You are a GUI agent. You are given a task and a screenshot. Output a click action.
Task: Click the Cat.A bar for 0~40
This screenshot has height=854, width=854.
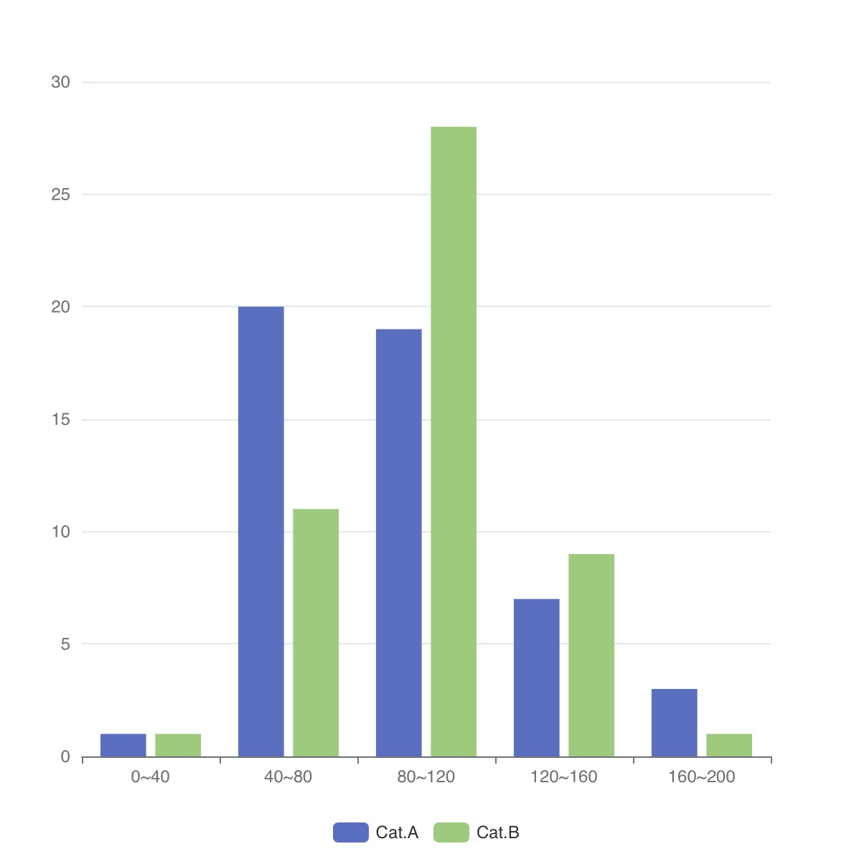pos(123,745)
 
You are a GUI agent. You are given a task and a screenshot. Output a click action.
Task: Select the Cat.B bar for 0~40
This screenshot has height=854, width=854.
pos(178,745)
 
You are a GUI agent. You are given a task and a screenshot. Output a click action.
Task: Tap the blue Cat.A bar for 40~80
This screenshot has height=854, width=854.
pos(261,531)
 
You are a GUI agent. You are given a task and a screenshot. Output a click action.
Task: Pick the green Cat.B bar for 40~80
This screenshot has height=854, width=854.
pos(316,632)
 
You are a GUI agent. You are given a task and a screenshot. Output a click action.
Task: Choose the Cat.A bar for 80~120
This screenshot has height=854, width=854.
pos(399,543)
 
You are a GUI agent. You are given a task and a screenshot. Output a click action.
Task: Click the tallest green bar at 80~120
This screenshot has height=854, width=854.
pos(454,441)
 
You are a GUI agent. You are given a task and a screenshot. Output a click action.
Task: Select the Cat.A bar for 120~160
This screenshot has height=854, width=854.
pos(537,677)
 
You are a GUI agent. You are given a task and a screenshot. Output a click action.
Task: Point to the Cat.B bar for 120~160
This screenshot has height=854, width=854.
pos(591,655)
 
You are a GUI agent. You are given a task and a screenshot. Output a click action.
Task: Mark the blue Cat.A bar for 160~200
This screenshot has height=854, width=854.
pos(675,722)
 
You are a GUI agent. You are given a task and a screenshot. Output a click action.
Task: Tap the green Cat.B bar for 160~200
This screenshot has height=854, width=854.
pos(729,745)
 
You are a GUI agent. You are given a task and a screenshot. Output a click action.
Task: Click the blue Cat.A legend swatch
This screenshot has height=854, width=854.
pos(350,832)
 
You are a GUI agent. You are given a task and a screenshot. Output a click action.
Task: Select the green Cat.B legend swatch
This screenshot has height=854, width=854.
pos(451,832)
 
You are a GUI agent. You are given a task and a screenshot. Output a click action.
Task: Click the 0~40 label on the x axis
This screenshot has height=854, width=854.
pos(151,776)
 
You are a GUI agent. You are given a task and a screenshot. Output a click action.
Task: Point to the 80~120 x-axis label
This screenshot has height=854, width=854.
pos(426,776)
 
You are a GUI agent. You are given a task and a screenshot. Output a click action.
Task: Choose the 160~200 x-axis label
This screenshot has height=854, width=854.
pos(701,776)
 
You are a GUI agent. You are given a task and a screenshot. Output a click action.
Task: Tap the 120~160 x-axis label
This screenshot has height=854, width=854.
pos(564,776)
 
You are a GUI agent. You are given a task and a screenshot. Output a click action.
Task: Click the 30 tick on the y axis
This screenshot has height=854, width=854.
pos(61,83)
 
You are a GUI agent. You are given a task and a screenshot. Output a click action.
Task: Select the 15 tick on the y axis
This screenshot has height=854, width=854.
pos(61,420)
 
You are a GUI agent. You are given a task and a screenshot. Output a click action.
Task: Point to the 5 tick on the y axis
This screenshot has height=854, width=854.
pos(65,644)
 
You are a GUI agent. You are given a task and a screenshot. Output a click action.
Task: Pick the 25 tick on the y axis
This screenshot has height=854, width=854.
pos(61,194)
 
